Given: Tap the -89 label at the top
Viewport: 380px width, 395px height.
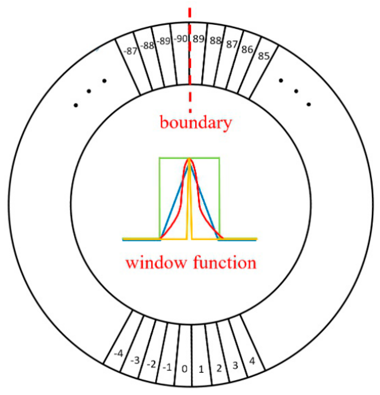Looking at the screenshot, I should [x=163, y=41].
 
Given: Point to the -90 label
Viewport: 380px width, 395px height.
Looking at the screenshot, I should [x=181, y=39].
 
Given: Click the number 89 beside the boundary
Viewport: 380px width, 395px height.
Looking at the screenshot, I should [x=199, y=39].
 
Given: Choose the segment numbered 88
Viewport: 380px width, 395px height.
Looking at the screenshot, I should [x=215, y=41].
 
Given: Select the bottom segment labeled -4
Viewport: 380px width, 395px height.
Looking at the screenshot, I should [x=118, y=354].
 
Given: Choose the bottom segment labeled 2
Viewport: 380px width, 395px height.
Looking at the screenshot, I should [x=219, y=368].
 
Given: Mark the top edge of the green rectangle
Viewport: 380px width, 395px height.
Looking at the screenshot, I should [x=174, y=158].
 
